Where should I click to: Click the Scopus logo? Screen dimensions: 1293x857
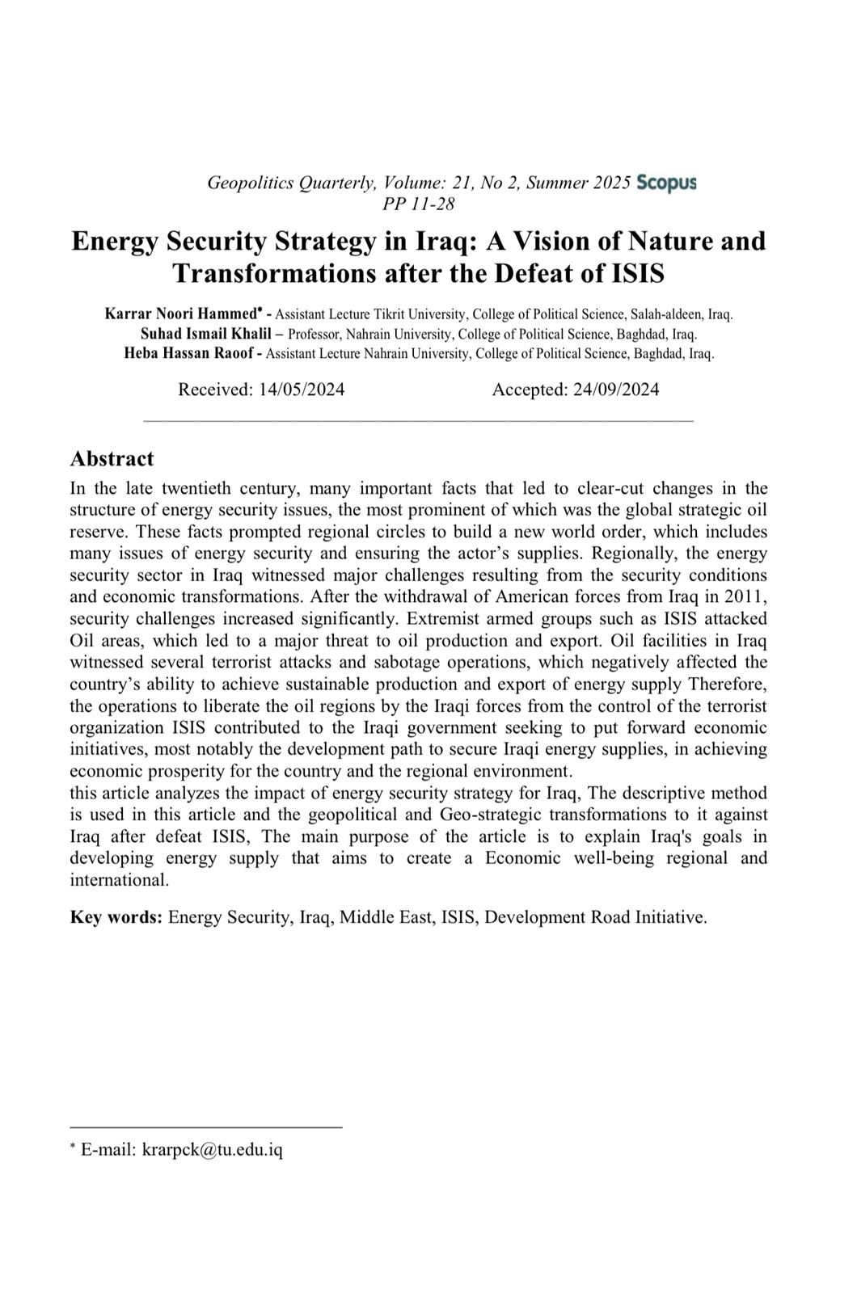tap(666, 183)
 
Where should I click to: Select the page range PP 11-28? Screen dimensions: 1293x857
tap(419, 204)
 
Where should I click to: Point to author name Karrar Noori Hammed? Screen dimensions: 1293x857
tap(181, 314)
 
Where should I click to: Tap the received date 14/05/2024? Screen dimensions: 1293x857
tap(302, 390)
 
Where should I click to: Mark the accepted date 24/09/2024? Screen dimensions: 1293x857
tap(616, 390)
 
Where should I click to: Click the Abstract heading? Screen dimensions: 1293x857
tap(112, 459)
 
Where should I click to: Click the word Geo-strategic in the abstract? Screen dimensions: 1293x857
tap(488, 815)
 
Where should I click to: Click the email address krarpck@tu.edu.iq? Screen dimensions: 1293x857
tap(213, 1150)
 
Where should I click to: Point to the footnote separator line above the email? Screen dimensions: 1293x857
tap(206, 1127)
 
